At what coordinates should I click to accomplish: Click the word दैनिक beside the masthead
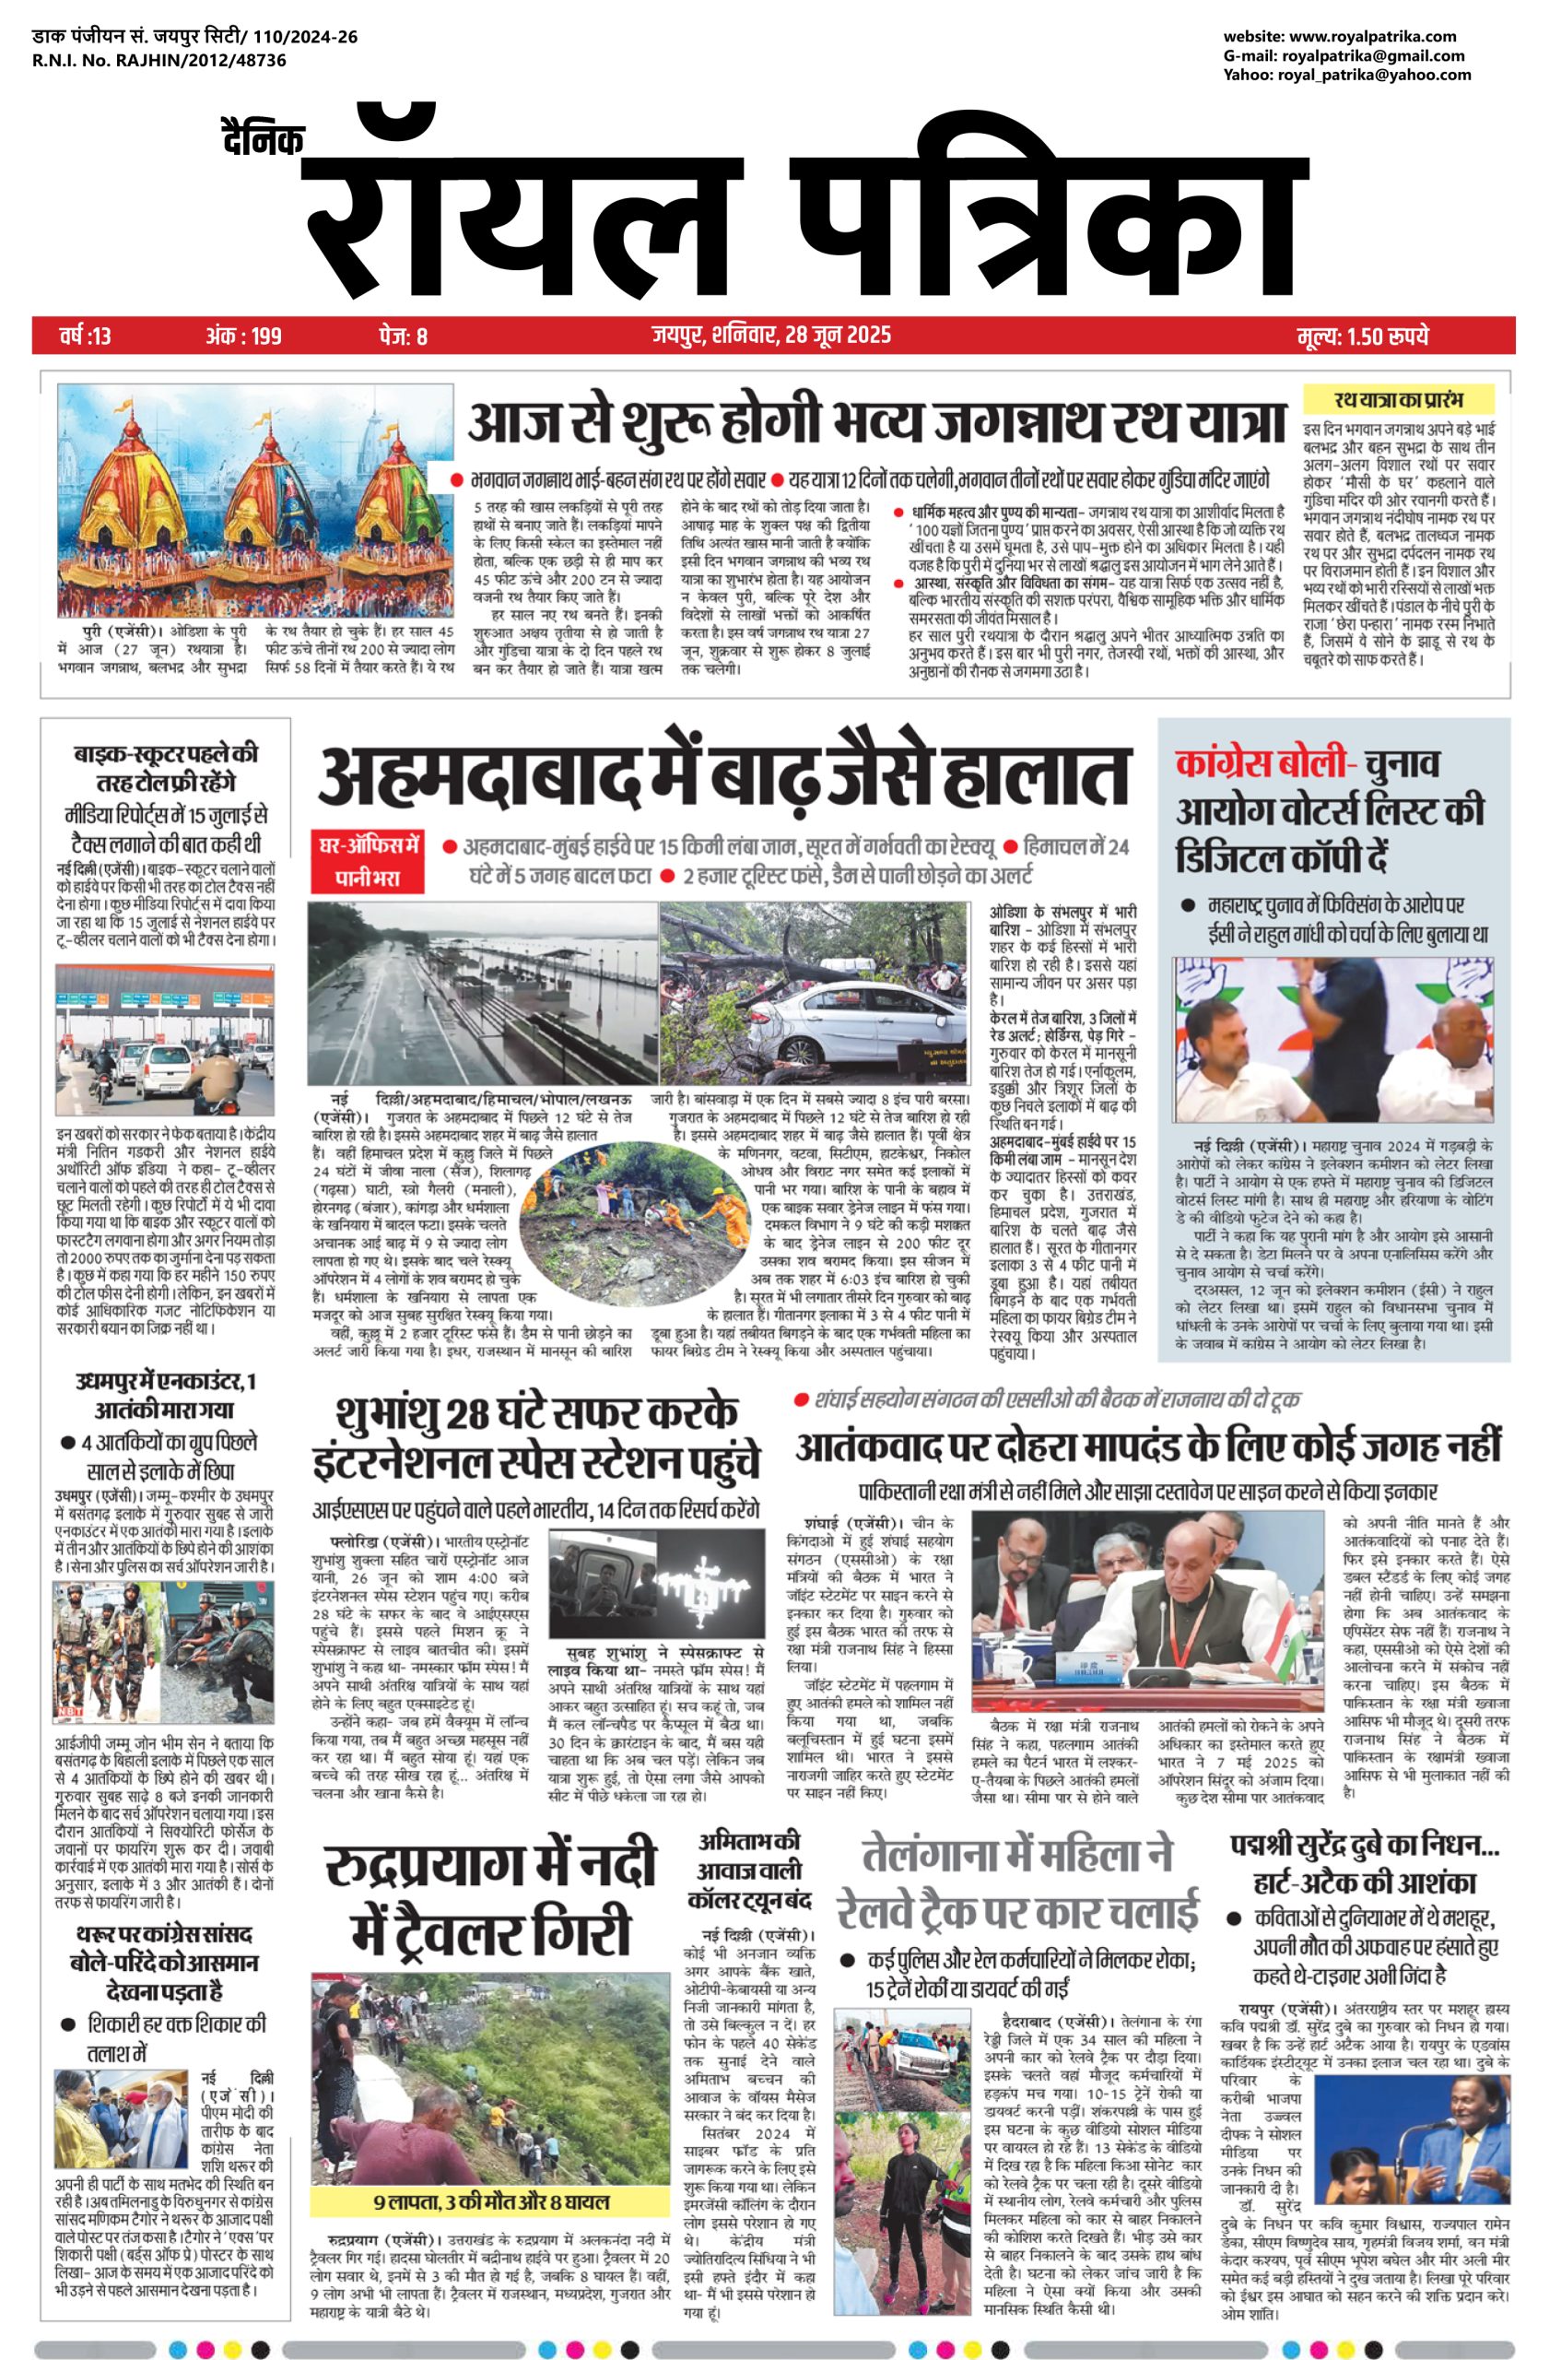263,139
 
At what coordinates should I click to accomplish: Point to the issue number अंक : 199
243,336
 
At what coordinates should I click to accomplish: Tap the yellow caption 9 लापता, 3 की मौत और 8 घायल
491,2222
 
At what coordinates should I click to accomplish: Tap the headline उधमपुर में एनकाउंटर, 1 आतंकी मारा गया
164,1395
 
